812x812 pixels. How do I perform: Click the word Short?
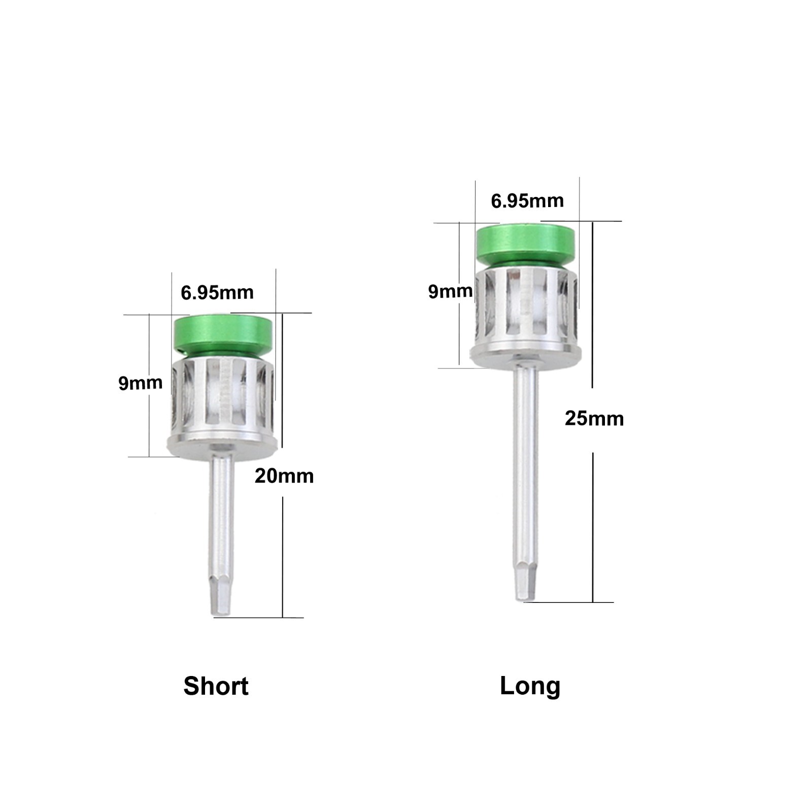pyautogui.click(x=216, y=686)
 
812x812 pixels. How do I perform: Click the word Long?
pyautogui.click(x=530, y=687)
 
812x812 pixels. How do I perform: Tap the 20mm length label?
pyautogui.click(x=284, y=476)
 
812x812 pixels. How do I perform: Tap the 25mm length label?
pyautogui.click(x=594, y=419)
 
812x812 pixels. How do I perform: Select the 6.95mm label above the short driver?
pyautogui.click(x=217, y=292)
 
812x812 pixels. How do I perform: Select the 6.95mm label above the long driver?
pyautogui.click(x=527, y=201)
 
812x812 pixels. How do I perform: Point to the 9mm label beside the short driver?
pyautogui.click(x=141, y=383)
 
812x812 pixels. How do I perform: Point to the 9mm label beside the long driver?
pyautogui.click(x=451, y=291)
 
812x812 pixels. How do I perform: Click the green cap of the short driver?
pyautogui.click(x=226, y=335)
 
